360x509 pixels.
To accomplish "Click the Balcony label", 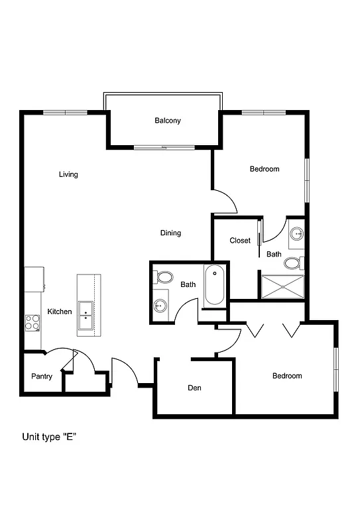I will point(168,121).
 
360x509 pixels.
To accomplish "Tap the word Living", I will point(68,174).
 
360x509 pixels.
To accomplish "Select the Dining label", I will point(170,233).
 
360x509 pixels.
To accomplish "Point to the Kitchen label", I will point(60,311).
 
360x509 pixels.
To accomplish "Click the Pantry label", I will point(42,376).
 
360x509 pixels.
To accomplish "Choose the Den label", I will point(194,388).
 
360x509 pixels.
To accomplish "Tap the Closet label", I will point(240,241).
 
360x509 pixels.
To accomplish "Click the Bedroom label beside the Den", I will point(287,376).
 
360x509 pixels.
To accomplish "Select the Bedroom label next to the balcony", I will point(265,169).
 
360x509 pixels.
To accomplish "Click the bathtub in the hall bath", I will point(214,286).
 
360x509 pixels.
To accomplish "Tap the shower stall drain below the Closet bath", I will point(282,286).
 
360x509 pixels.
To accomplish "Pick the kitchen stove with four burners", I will point(32,322).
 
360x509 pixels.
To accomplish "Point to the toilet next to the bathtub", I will point(164,276).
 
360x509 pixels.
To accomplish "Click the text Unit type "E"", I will point(50,437).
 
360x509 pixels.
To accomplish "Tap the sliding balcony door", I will point(164,146).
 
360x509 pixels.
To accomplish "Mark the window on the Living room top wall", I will point(65,112).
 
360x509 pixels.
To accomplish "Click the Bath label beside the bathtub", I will point(188,285).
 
